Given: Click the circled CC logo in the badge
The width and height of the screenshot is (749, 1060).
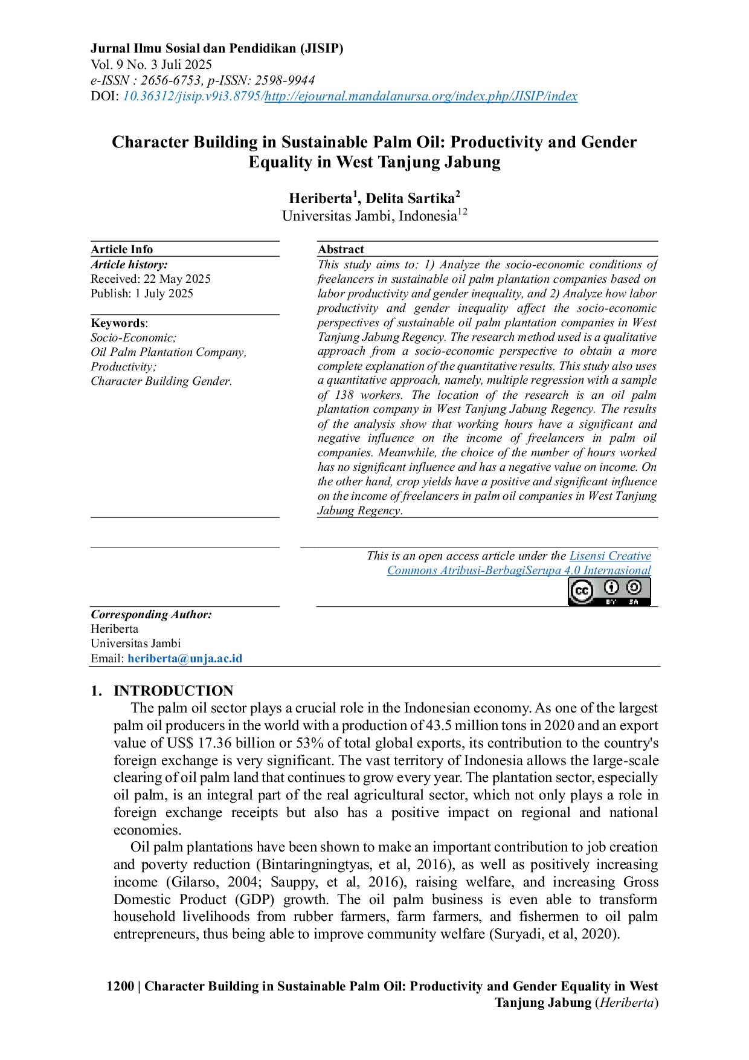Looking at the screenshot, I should (582, 591).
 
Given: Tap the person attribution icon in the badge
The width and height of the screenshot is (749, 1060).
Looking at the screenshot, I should (611, 587).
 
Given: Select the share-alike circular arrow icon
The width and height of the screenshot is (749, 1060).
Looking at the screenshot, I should (634, 587).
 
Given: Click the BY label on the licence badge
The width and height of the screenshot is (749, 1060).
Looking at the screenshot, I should (611, 602).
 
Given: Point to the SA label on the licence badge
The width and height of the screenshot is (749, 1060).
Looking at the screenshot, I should (634, 602).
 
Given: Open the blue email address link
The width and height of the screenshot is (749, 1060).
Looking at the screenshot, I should (185, 659).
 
